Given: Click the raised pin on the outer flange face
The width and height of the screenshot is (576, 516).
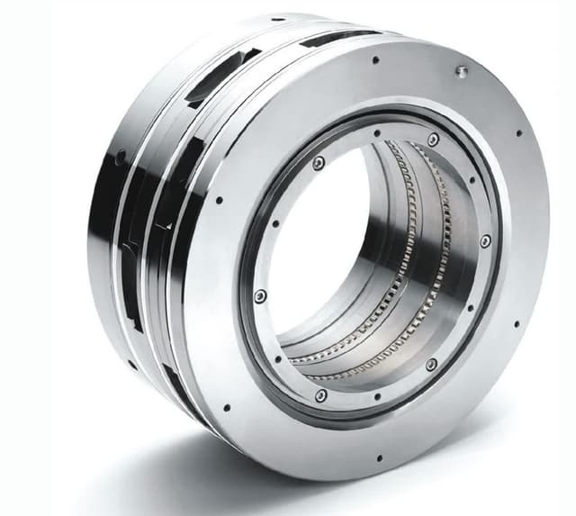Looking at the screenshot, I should pos(462,71).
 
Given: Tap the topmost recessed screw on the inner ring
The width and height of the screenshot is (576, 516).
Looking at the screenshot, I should pos(433,140).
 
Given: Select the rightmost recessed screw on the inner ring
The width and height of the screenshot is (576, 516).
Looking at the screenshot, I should pos(485,241).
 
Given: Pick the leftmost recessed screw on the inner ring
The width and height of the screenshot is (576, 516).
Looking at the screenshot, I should pos(260,295).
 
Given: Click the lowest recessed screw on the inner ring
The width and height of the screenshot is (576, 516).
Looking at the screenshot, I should pos(320,395).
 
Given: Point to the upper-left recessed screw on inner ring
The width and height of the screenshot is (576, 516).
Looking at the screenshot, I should pos(319,163).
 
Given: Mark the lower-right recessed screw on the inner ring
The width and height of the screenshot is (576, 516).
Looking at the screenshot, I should pos(431,365).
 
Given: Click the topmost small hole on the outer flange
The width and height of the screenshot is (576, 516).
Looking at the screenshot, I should pos(375,60).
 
